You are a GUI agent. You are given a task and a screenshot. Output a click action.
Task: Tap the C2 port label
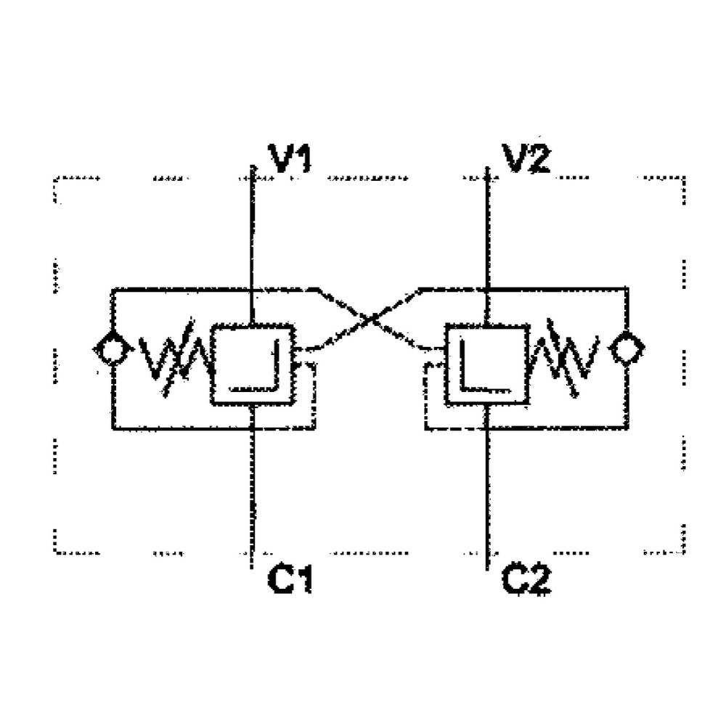click(528, 579)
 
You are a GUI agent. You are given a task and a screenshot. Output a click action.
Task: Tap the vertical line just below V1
click(250, 232)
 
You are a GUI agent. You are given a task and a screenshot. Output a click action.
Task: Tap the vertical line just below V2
click(487, 232)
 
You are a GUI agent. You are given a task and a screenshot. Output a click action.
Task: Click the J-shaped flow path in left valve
click(261, 378)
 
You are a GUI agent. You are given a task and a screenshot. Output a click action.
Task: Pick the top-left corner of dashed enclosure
click(57, 177)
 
